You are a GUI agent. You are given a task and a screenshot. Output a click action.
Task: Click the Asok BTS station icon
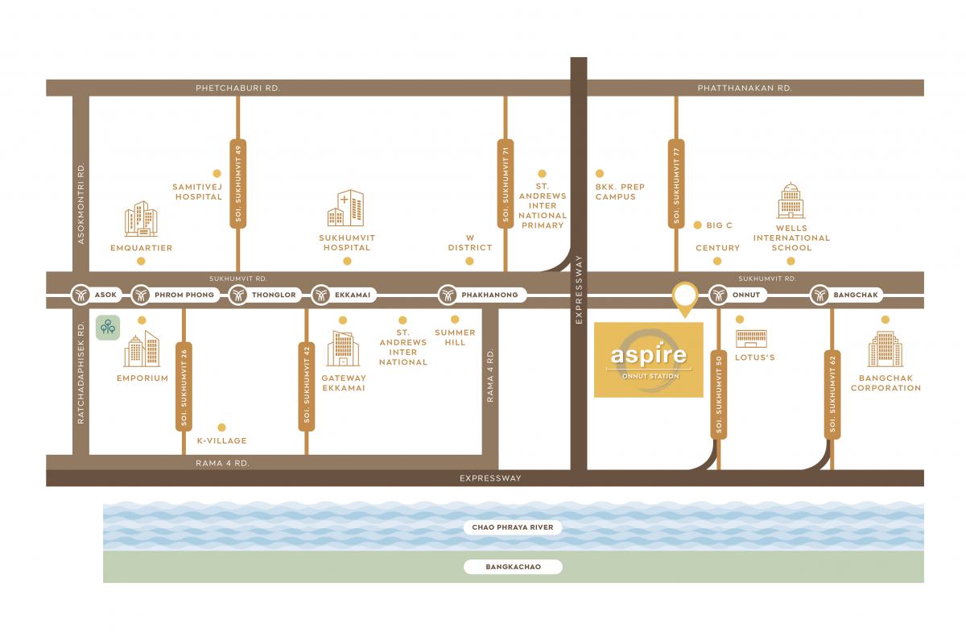(x=80, y=295)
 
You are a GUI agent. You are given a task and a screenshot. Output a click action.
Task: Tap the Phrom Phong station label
(x=184, y=295)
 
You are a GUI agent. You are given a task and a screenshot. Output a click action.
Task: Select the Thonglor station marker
(x=238, y=295)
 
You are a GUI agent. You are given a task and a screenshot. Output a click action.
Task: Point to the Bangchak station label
(x=856, y=295)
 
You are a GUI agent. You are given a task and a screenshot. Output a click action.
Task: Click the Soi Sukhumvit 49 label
(x=238, y=184)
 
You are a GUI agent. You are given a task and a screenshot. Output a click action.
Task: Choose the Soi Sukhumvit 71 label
(x=506, y=184)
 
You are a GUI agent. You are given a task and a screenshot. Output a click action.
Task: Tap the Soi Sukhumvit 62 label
(x=832, y=394)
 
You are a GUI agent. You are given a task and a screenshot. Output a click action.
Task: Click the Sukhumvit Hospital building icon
(x=346, y=208)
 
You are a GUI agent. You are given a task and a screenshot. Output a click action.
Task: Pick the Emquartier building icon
(x=141, y=219)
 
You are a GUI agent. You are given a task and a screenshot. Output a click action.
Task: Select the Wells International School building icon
(x=791, y=200)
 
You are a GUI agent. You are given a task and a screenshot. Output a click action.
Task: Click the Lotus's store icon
(x=751, y=339)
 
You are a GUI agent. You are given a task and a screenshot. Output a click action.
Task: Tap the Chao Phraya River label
(x=513, y=527)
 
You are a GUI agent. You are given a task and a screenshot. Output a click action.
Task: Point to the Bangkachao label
(x=514, y=567)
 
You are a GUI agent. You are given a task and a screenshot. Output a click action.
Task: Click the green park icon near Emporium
(x=108, y=328)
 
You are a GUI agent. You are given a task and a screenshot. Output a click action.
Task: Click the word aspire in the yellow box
(x=649, y=354)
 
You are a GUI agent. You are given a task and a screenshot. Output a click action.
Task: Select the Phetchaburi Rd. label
(x=238, y=88)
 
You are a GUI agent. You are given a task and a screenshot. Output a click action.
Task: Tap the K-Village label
(x=222, y=441)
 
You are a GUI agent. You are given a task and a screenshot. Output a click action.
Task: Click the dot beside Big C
(x=697, y=225)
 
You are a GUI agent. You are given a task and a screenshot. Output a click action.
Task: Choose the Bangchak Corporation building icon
(x=885, y=349)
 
